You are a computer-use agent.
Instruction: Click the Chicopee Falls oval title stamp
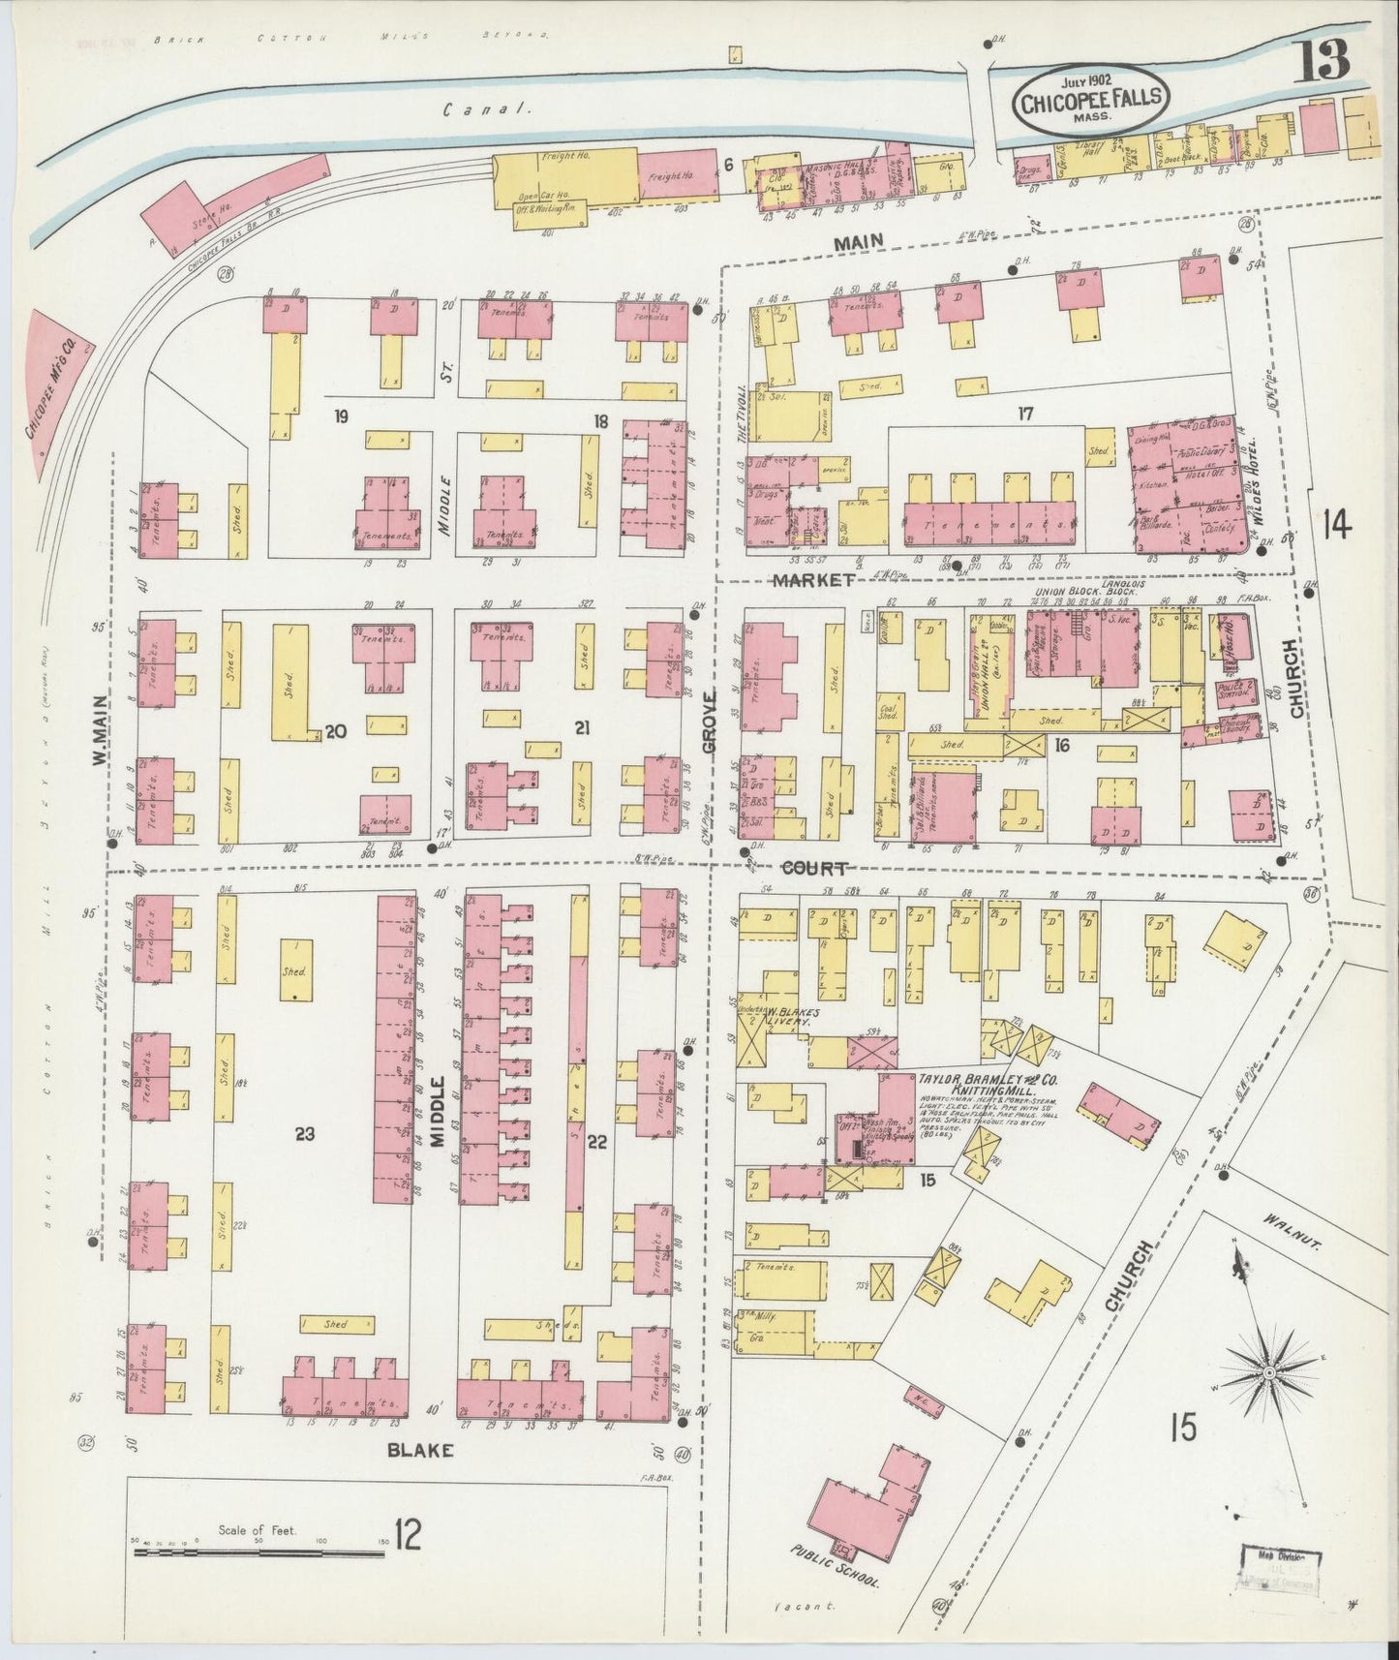coord(1092,97)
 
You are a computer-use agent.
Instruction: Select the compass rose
coord(1267,1373)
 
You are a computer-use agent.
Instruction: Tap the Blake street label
coord(419,1451)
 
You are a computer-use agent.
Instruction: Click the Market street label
coord(813,579)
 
